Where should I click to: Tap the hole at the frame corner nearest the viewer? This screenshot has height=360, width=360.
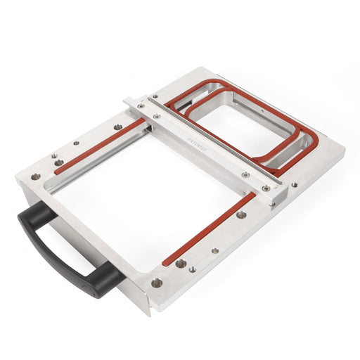[x=156, y=283]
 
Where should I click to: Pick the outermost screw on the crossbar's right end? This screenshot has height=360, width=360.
[x=265, y=188]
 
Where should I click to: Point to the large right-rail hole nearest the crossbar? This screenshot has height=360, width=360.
[x=240, y=214]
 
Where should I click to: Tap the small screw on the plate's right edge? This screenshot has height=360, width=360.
[x=294, y=186]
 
